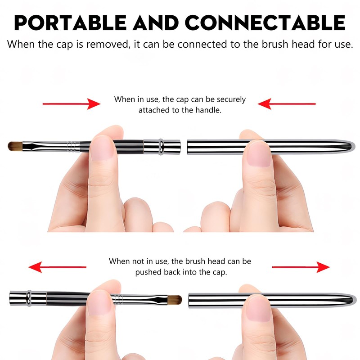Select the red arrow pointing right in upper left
[72, 104]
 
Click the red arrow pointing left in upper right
[286, 104]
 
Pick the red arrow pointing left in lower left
[57, 267]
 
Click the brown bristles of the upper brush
[15, 146]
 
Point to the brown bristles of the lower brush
[174, 299]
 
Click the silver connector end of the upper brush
[162, 145]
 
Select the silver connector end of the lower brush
[27, 297]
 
